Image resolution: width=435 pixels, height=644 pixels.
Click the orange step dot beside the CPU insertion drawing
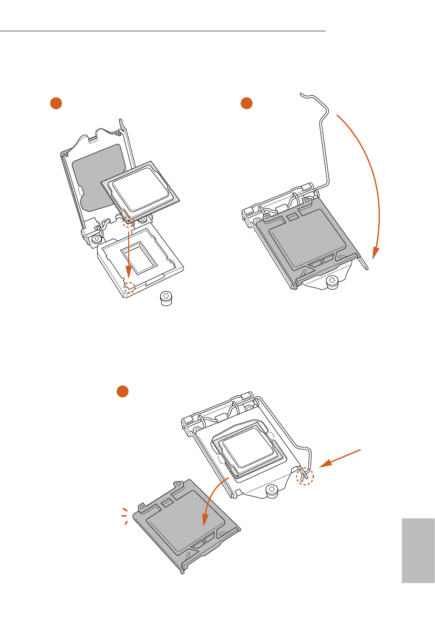coord(56,104)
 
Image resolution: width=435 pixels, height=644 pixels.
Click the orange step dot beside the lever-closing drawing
coord(245,104)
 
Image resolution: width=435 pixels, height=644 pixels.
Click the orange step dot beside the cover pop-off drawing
coord(122,391)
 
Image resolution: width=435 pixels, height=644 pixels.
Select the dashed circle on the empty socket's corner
coord(128,287)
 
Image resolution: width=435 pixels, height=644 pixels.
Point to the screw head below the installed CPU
coord(271,491)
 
